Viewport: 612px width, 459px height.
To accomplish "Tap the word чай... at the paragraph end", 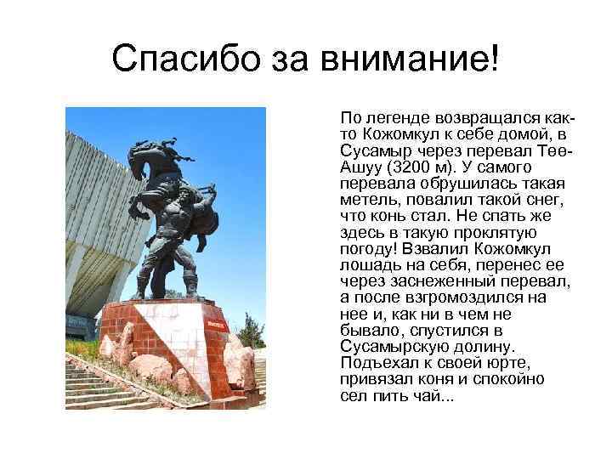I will point(439,397).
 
